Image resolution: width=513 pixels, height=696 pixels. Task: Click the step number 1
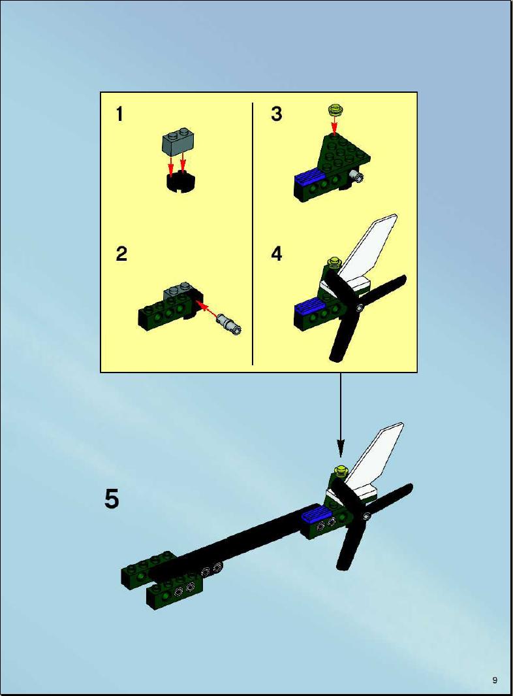tap(119, 114)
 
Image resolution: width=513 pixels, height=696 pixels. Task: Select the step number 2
tap(121, 254)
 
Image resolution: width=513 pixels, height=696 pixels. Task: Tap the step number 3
tap(276, 114)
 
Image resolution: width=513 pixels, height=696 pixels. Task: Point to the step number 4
tap(276, 254)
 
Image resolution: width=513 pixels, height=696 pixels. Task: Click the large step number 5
tap(112, 499)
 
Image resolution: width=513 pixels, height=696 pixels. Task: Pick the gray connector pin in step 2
tap(229, 323)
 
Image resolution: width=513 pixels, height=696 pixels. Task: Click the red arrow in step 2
tap(208, 309)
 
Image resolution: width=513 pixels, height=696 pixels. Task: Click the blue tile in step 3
tap(309, 177)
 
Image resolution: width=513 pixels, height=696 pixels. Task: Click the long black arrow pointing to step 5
tap(341, 415)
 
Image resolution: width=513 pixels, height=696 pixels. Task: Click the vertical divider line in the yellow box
tap(253, 234)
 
